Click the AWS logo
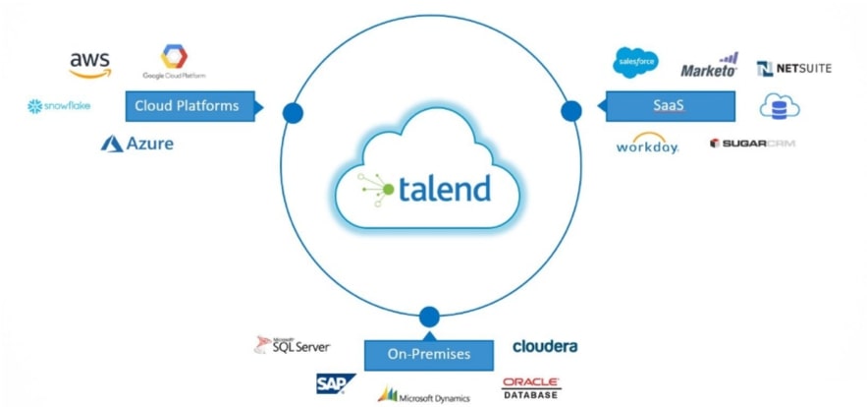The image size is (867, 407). pos(89,64)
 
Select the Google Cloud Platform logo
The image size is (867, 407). pos(174,62)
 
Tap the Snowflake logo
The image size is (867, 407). pos(60,106)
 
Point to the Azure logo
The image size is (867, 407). pos(136,144)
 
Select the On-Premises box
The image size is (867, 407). pos(428,354)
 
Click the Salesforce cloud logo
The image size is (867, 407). pos(634,62)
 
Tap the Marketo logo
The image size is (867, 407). pos(709,68)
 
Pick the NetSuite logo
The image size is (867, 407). pos(793,68)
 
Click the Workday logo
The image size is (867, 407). pos(647,145)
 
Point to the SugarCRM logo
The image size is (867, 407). pos(751,144)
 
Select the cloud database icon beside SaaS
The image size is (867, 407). pos(780,107)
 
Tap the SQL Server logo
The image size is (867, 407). pos(293,345)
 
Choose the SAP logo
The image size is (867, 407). pos(336,383)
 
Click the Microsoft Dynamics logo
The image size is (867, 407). pos(424,395)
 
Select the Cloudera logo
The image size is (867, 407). pos(545,346)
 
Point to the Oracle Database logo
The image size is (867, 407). pos(531,387)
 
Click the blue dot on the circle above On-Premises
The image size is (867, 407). pos(428,317)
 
